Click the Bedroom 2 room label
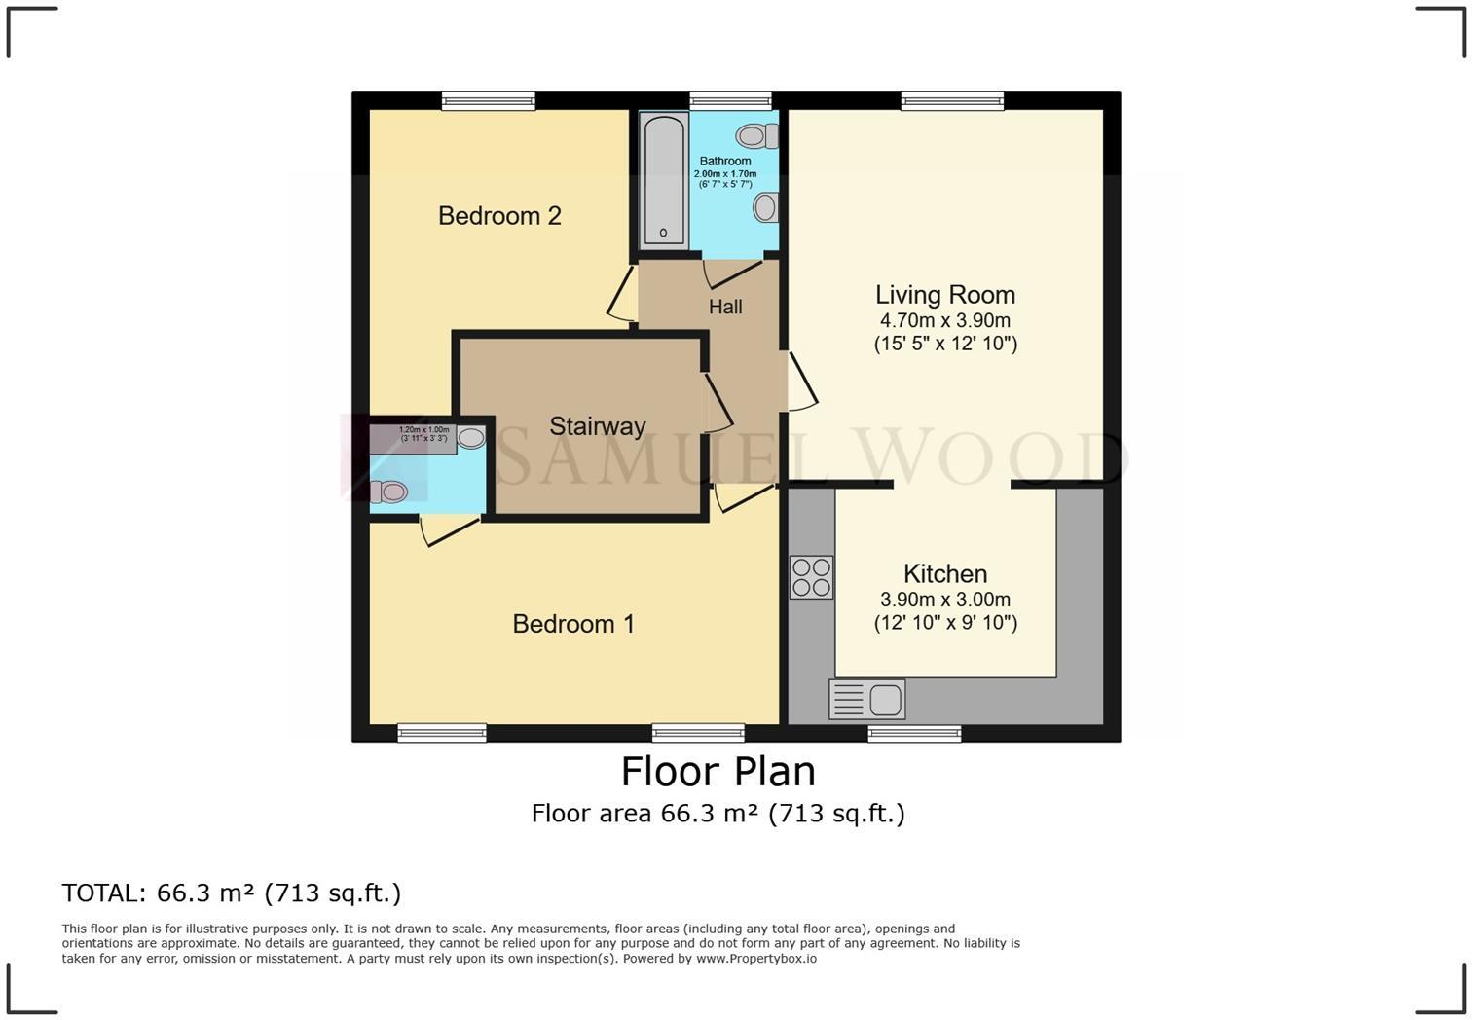pos(499,215)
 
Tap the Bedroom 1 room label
pos(573,623)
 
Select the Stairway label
pos(597,425)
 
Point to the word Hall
pos(725,307)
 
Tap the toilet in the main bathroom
pos(755,135)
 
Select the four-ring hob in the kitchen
pos(811,576)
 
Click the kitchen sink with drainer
pos(866,700)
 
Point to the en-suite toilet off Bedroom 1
pos(388,492)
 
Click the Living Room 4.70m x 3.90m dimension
pos(944,320)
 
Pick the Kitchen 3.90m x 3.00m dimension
pos(944,600)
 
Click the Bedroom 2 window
pos(488,101)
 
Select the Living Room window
pos(951,101)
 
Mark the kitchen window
pos(914,733)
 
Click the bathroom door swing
pos(732,273)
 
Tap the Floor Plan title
pos(718,771)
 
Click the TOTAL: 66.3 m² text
pos(231,892)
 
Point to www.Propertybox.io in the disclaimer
pos(755,959)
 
